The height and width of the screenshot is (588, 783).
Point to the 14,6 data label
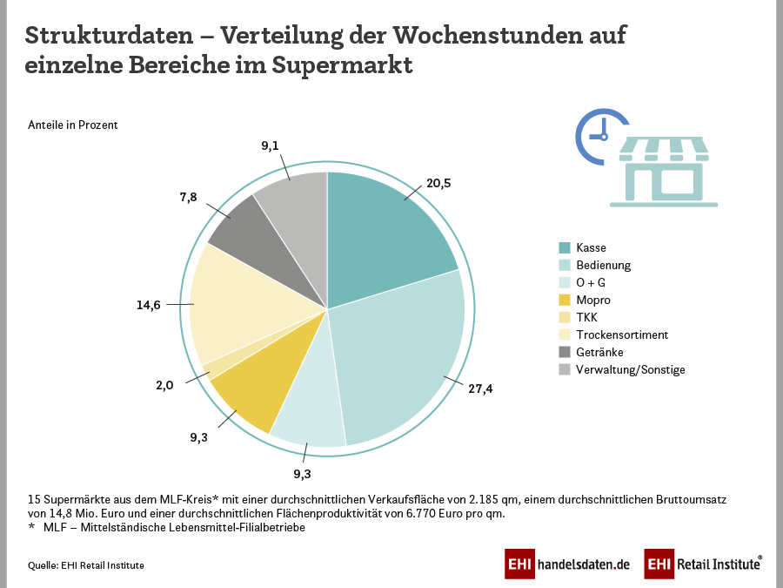tap(149, 305)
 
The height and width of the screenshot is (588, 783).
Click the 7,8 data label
tap(188, 197)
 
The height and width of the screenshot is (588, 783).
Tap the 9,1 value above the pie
tap(270, 145)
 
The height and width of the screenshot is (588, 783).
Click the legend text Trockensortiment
tap(621, 335)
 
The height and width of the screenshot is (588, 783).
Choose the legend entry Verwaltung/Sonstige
tap(630, 369)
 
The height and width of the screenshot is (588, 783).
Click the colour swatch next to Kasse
tap(565, 247)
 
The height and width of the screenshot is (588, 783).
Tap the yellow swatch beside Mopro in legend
tap(565, 300)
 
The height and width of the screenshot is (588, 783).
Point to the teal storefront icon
tap(663, 172)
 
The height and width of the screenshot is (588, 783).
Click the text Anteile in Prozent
tap(73, 125)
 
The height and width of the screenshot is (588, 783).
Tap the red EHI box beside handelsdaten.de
tap(519, 564)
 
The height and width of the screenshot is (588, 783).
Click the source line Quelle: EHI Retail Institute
tap(86, 565)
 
